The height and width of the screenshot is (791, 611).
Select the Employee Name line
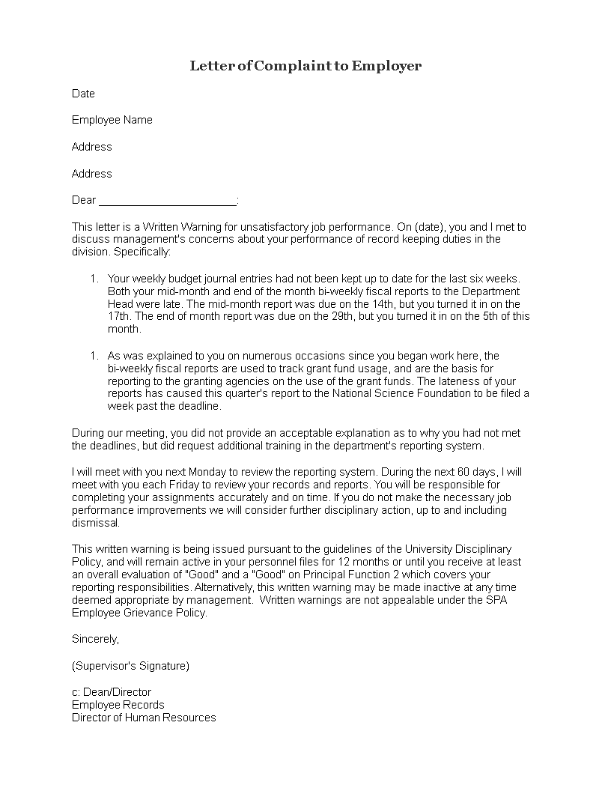coord(112,120)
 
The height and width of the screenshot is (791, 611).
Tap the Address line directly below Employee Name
coord(91,147)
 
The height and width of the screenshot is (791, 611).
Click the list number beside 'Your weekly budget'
coord(94,279)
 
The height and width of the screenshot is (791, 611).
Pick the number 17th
coord(119,317)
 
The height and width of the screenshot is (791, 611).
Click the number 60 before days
coord(455,472)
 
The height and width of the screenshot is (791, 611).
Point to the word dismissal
coord(95,523)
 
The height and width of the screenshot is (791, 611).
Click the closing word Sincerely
coord(95,639)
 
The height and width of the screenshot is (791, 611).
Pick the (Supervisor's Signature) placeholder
coord(130,665)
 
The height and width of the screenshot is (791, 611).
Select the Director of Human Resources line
coord(144,718)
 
